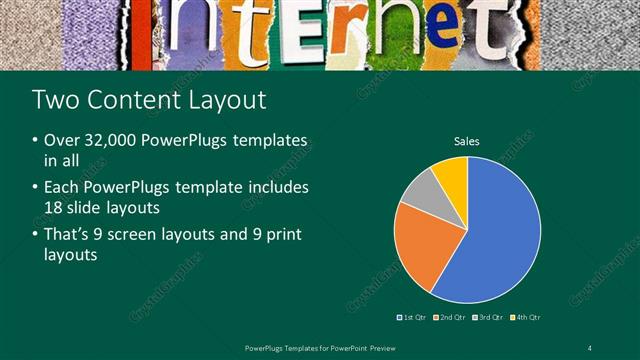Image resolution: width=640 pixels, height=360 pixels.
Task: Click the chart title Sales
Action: point(467,141)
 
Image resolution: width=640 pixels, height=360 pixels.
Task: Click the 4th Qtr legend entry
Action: point(527,317)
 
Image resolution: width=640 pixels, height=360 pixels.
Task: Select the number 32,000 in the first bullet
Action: point(108,141)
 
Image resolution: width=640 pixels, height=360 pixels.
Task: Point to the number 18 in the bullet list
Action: point(54,207)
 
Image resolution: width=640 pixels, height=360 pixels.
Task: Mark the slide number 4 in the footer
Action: point(590,347)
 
